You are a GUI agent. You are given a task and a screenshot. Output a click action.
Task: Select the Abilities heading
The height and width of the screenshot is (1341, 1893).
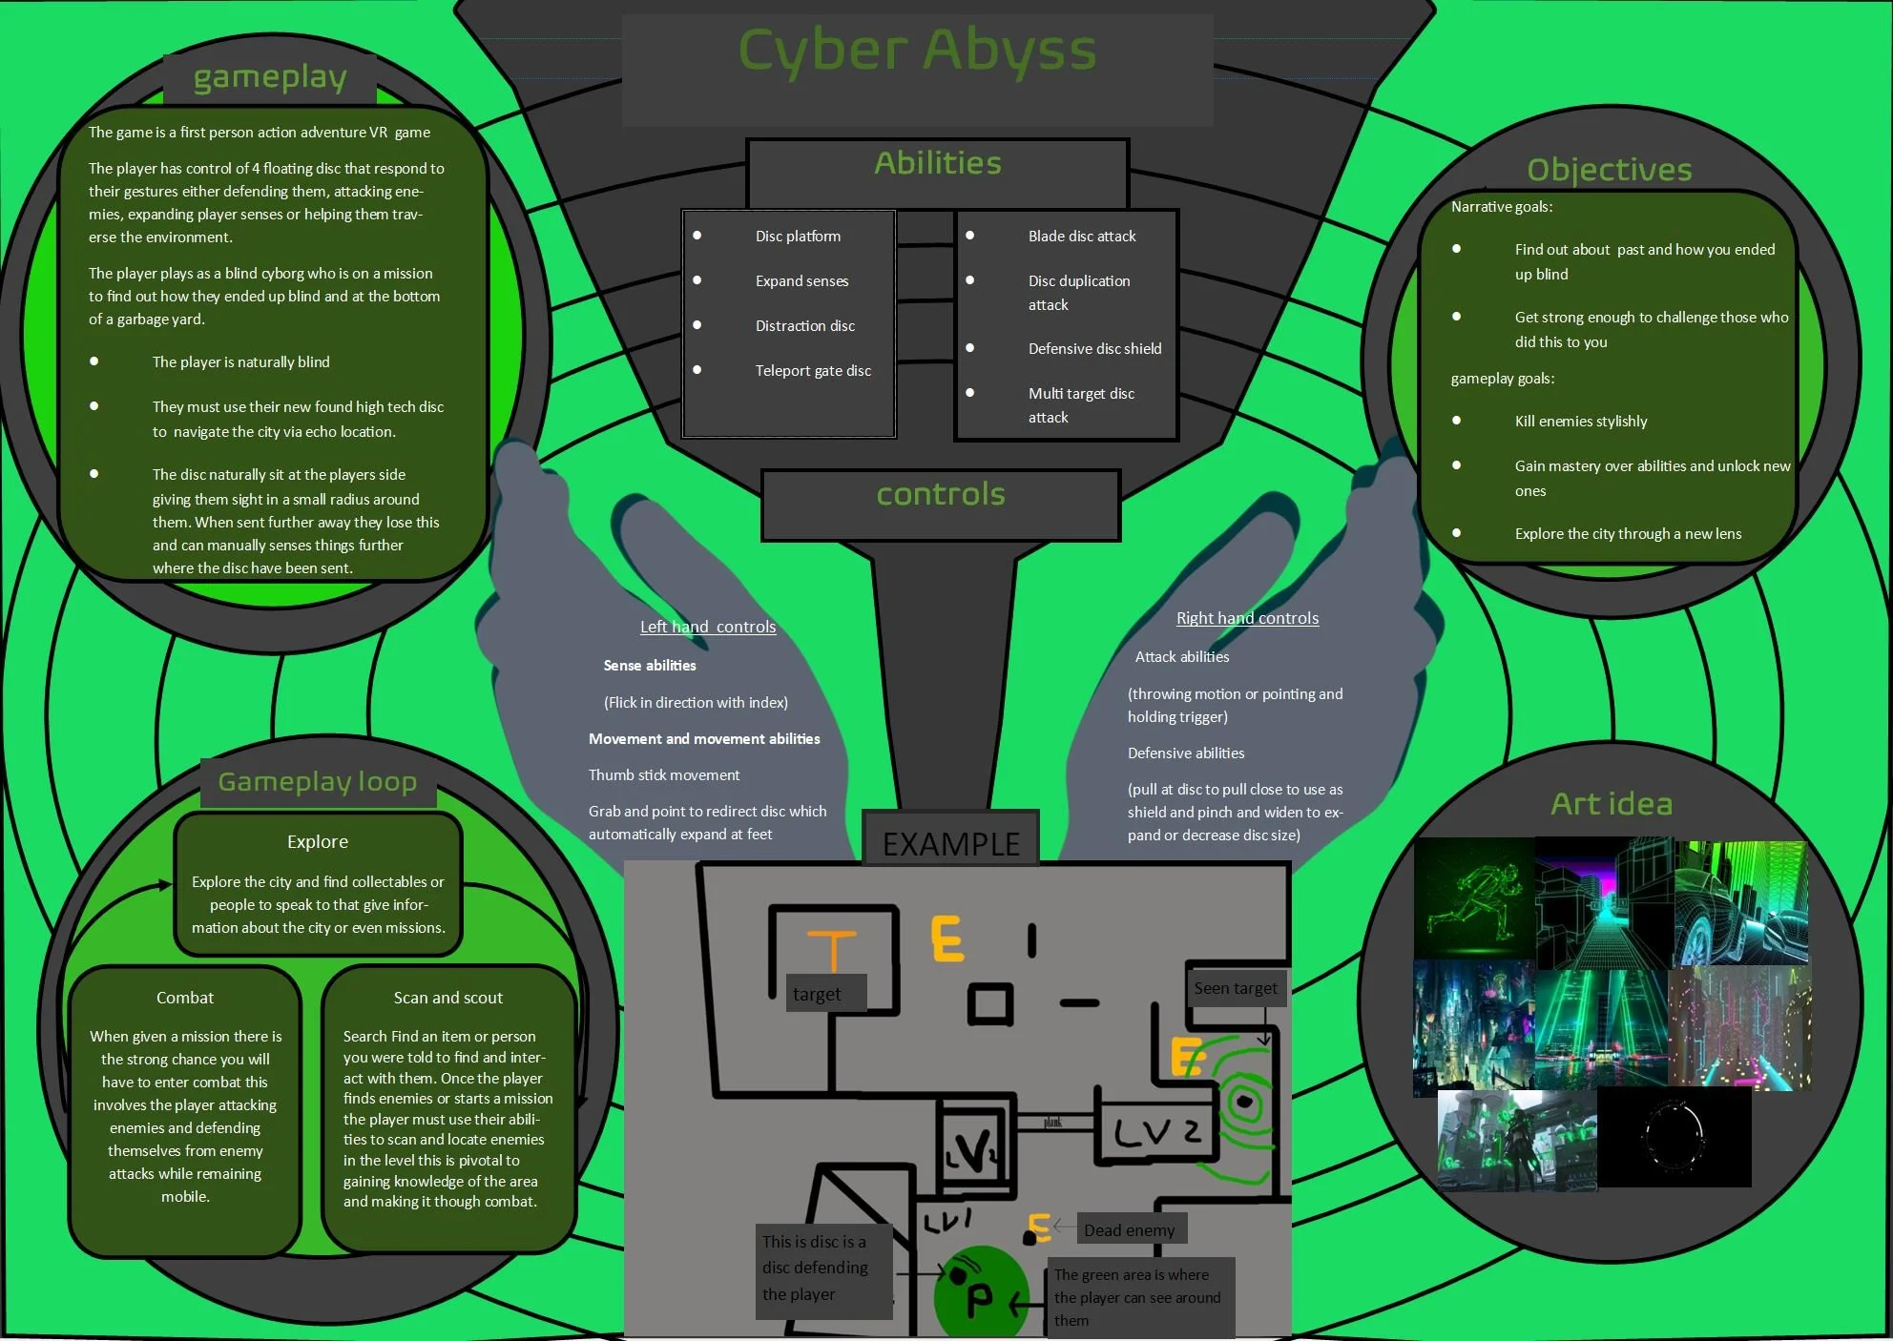click(938, 164)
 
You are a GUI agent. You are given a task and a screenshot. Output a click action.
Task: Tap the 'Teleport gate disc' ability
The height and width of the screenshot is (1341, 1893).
click(813, 371)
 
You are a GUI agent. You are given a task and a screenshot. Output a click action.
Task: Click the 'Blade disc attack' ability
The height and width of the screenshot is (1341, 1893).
click(1082, 237)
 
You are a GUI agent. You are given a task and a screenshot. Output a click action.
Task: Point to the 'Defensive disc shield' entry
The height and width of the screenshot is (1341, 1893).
click(1094, 349)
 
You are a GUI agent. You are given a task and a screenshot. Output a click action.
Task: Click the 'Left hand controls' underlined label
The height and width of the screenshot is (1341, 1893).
click(708, 628)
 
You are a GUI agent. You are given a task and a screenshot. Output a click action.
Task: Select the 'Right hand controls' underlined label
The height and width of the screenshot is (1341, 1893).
click(1247, 619)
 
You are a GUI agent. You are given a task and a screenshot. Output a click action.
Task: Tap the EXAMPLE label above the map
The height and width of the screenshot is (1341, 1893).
click(950, 843)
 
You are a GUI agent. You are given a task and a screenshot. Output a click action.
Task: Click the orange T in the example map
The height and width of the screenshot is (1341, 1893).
click(832, 948)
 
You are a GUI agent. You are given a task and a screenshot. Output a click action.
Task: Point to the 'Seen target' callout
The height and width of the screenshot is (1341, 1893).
click(1235, 989)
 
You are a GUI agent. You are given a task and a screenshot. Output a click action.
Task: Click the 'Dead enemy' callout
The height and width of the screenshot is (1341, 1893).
click(1129, 1230)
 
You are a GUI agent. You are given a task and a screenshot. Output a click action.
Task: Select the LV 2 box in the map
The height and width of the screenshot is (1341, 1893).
click(1156, 1132)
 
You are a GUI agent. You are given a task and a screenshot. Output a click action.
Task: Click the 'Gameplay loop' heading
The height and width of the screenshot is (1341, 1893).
click(318, 783)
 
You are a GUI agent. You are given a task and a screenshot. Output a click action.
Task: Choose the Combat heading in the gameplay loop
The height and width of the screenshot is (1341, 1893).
click(185, 998)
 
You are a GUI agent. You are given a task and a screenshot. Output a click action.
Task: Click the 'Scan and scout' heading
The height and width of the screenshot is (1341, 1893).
click(448, 998)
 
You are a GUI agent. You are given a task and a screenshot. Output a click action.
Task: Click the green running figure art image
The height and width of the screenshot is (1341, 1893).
click(1474, 898)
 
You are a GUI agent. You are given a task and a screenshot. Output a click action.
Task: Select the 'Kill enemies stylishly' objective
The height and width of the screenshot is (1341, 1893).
click(1581, 422)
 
